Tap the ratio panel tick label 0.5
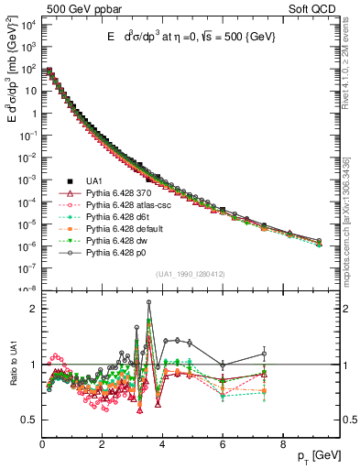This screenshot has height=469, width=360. (x=30, y=420)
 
